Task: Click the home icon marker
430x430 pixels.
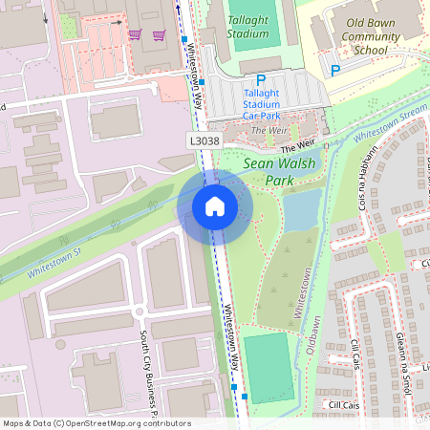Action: point(215,205)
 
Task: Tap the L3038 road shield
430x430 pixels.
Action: point(203,140)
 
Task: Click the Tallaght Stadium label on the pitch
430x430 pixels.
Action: point(248,26)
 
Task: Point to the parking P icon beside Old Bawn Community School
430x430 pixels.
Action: point(334,70)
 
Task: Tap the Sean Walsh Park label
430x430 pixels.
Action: point(279,171)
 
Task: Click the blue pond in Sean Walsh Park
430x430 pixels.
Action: point(301,209)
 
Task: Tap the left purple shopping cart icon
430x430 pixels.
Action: point(136,35)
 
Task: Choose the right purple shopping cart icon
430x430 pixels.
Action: point(159,35)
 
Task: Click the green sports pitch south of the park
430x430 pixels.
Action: point(269,367)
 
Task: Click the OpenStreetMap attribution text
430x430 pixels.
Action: point(96,423)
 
